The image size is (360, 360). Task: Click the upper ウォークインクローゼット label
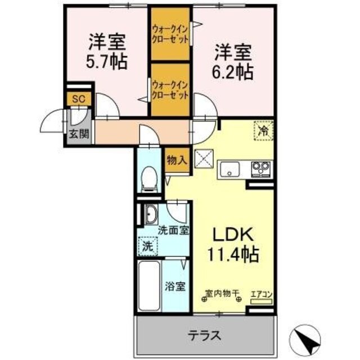point(169,33)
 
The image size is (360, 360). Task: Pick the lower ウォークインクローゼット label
point(169,89)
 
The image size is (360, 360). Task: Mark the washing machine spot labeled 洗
point(147,245)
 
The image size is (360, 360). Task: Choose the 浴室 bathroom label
point(174,286)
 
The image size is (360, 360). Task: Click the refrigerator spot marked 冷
point(262,130)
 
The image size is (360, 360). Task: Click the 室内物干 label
point(222,293)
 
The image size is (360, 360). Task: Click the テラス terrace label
point(204,335)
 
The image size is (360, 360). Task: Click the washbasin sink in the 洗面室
point(151,214)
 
